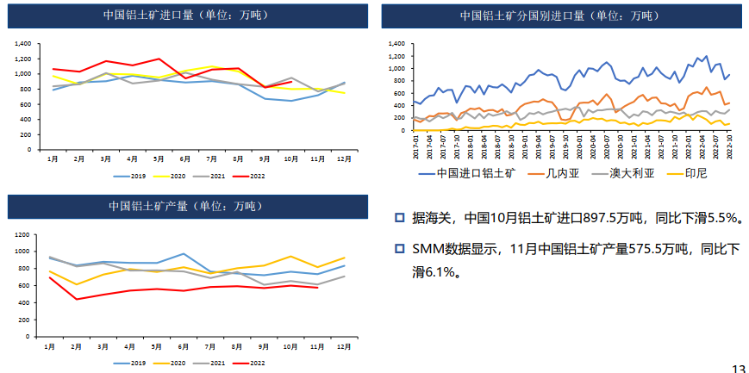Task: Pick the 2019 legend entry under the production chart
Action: pos(130,363)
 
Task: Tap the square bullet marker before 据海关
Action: pos(399,218)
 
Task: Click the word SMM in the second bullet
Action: pos(426,250)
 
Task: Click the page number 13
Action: pos(739,368)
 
